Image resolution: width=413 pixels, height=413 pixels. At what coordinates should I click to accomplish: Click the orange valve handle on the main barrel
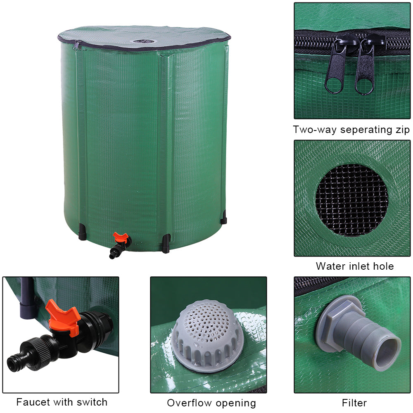(121, 237)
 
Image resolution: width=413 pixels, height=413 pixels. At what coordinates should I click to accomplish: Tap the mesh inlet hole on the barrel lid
(145, 41)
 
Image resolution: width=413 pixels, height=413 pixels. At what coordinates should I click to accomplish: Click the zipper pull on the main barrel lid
(77, 45)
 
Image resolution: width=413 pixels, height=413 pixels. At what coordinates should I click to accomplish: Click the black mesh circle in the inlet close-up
(351, 200)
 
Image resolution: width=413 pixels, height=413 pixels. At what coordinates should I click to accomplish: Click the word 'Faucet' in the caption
(33, 402)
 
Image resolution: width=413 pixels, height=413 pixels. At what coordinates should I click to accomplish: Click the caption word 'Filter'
(354, 403)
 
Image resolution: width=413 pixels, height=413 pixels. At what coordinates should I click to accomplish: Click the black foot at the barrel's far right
(223, 217)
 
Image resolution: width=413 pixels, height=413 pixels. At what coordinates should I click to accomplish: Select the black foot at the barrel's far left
(82, 232)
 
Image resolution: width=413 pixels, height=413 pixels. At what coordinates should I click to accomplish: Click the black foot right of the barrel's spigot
(166, 244)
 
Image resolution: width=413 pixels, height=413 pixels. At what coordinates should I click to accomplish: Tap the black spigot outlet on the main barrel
(116, 250)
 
